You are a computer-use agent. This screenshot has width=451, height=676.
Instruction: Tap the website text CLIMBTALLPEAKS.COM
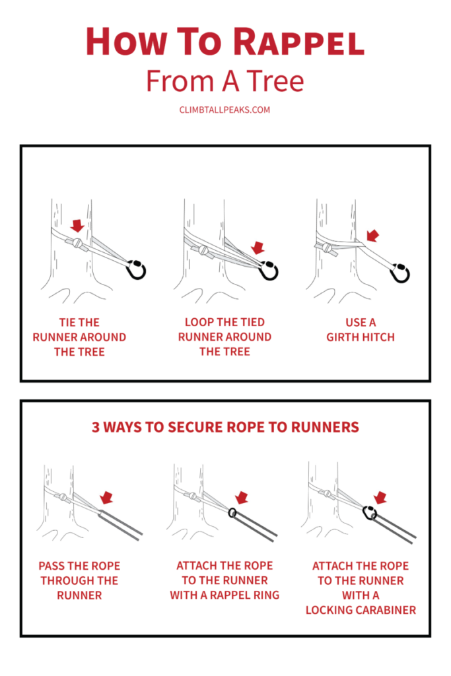coord(225,110)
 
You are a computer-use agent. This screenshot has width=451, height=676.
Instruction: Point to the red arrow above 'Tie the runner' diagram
coord(78,226)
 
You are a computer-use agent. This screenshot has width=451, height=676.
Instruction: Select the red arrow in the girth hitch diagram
coord(372,236)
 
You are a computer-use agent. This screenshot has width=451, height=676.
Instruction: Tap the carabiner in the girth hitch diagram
coord(400,272)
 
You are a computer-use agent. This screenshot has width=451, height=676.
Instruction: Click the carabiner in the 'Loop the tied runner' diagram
coord(268,270)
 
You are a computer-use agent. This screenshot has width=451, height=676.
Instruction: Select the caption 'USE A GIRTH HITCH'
coord(361,329)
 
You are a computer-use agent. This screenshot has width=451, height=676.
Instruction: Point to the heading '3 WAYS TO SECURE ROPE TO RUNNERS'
coord(225,427)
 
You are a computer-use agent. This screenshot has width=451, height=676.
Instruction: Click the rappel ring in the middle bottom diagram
coord(232,513)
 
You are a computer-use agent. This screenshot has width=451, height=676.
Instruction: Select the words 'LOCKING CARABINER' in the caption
coord(361,609)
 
